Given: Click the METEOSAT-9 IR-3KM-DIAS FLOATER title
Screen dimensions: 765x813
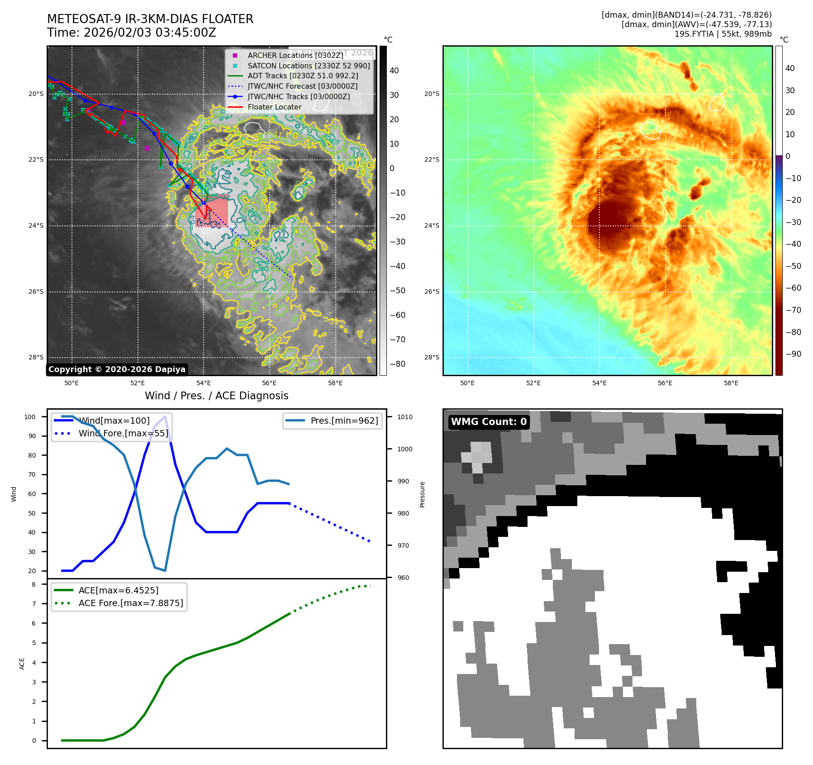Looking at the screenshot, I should click(150, 19).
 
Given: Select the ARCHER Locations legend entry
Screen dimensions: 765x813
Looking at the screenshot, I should click(295, 55).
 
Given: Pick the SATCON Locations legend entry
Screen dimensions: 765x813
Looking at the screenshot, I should click(309, 66).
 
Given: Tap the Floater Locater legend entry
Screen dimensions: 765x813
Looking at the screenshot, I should click(274, 107).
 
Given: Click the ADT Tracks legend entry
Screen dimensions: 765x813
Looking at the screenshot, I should click(303, 76).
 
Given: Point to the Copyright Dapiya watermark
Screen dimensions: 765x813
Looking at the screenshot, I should click(117, 369).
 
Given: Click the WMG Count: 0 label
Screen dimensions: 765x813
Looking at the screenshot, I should click(489, 422).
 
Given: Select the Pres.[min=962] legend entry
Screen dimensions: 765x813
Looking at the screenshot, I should click(344, 421).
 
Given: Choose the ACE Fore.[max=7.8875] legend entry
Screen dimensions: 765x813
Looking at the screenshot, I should click(131, 603).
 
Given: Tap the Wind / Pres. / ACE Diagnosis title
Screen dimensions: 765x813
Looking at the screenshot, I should click(216, 396).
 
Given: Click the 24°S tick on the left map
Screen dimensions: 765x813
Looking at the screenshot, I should click(36, 225).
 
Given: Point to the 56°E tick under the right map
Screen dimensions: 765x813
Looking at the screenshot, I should click(665, 383).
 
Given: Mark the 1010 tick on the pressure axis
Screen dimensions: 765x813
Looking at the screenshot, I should click(405, 417).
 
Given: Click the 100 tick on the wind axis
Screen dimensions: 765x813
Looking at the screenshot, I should click(30, 417).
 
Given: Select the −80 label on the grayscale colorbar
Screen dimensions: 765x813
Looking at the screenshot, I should click(398, 364).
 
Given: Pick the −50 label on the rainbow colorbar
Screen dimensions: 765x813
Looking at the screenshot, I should click(793, 266).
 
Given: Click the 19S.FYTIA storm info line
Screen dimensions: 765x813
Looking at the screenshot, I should click(723, 34).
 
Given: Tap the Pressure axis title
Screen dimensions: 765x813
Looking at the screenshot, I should click(422, 494).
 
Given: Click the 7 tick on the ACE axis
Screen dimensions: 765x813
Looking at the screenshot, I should click(34, 604).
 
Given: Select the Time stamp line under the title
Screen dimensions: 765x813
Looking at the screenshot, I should click(132, 33).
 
